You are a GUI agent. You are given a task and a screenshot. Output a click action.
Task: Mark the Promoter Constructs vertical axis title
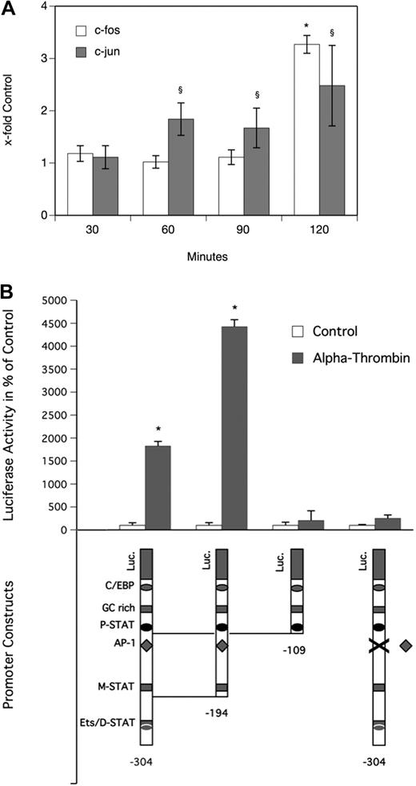pyautogui.click(x=16, y=659)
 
